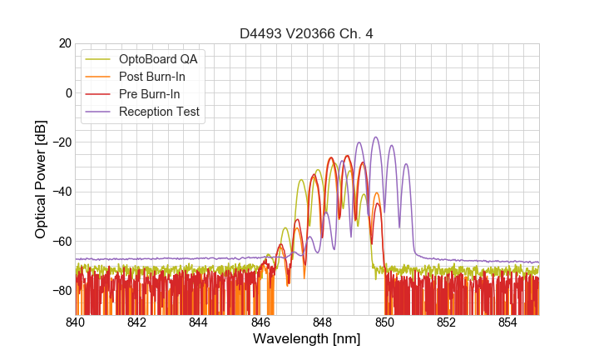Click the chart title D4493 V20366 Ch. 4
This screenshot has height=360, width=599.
pyautogui.click(x=307, y=33)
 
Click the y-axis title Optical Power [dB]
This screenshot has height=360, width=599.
pyautogui.click(x=41, y=179)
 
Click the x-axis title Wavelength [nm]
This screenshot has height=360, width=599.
pyautogui.click(x=307, y=340)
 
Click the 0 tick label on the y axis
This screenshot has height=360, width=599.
pyautogui.click(x=67, y=92)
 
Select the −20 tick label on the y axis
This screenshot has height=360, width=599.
pyautogui.click(x=60, y=142)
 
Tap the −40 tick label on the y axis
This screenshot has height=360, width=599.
pyautogui.click(x=60, y=192)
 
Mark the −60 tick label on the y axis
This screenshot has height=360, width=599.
pyautogui.click(x=60, y=242)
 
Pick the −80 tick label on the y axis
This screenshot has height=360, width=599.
pyautogui.click(x=60, y=291)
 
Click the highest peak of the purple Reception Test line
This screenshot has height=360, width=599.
pyautogui.click(x=376, y=137)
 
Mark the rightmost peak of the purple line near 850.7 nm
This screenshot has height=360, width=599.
pyautogui.click(x=406, y=164)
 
